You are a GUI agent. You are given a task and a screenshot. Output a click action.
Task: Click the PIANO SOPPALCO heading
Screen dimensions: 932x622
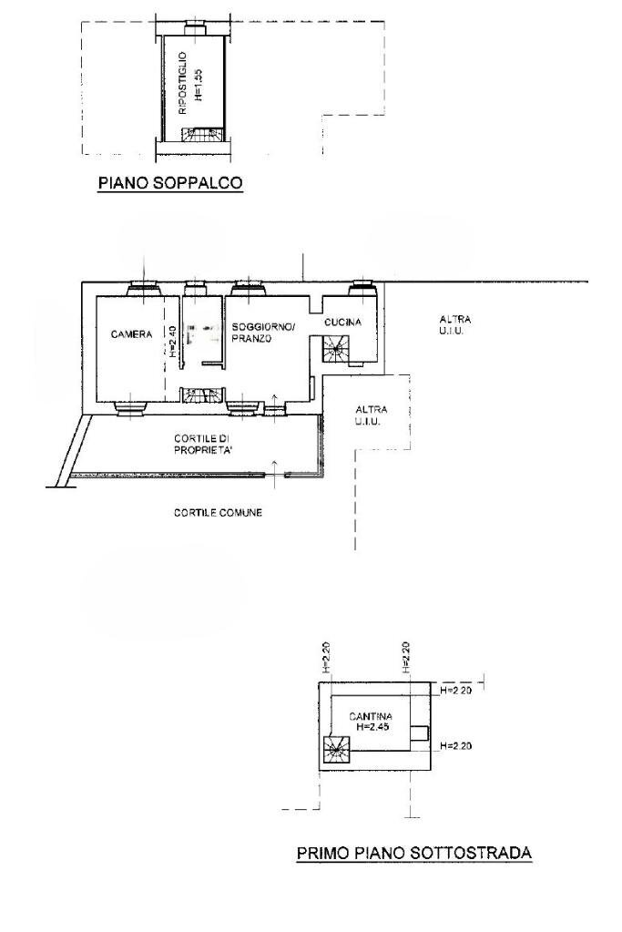169,183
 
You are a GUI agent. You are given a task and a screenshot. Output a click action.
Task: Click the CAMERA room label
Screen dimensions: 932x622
131,335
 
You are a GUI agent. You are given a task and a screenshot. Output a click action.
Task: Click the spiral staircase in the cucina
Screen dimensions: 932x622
336,348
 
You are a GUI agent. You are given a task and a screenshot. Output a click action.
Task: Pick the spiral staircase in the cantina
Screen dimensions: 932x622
335,752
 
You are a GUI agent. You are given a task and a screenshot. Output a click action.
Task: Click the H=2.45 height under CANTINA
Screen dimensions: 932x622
372,728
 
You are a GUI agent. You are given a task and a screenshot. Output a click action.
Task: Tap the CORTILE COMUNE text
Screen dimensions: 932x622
218,513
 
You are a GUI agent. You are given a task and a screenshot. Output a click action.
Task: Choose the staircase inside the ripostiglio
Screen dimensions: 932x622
201,136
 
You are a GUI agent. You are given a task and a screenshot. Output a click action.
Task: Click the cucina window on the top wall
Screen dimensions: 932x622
362,288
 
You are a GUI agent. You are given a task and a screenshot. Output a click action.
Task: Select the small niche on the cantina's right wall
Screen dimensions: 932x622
419,733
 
